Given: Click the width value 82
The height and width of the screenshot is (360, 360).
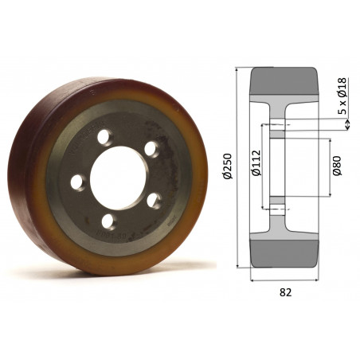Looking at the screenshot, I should coord(286,292).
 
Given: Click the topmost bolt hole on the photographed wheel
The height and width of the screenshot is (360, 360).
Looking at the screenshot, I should coord(104,138).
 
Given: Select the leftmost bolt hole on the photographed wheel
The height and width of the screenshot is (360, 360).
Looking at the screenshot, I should coord(77,182).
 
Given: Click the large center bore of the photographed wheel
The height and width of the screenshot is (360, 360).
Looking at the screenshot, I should coord(119,178).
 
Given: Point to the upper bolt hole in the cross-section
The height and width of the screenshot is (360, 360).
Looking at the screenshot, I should coord(276,124).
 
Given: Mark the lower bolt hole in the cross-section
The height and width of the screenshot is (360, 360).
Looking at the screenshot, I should coord(276,209).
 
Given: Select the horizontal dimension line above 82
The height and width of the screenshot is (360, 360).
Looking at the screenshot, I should coord(286,280).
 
